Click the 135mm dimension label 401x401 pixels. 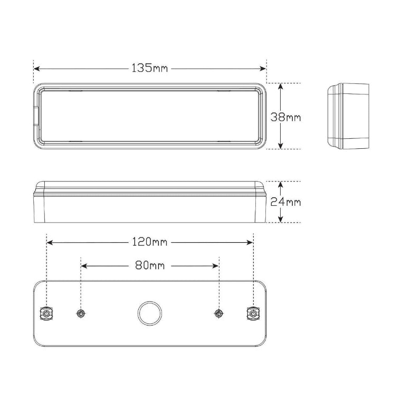click(150, 69)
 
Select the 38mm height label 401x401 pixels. click(285, 117)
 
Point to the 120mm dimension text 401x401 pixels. click(150, 242)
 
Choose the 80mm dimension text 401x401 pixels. click(150, 266)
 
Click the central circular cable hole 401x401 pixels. click(149, 313)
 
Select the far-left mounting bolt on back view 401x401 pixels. click(46, 314)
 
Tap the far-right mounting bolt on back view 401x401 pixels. click(253, 314)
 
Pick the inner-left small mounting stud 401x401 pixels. click(81, 314)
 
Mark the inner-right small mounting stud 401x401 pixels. click(218, 314)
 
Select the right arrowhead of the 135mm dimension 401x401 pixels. click(263, 69)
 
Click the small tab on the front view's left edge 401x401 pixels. click(36, 117)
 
